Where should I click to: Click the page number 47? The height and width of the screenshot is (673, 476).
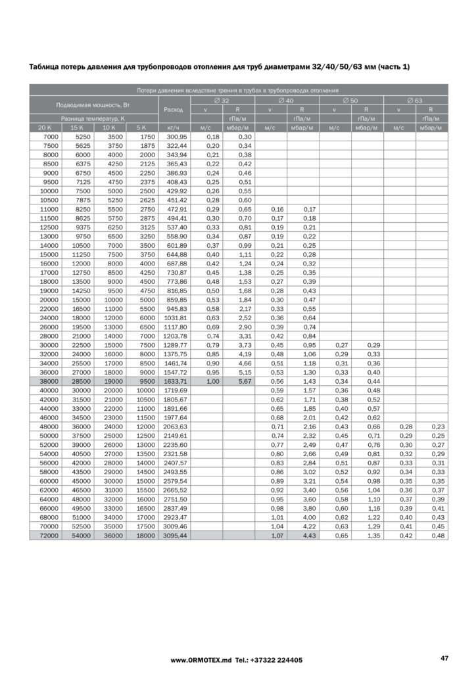tap(444, 658)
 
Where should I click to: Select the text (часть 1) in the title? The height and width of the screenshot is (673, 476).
tap(394, 66)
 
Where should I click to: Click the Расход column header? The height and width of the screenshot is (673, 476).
tap(174, 109)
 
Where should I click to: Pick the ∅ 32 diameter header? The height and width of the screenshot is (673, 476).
tap(222, 100)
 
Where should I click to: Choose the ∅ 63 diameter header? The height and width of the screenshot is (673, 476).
tap(415, 100)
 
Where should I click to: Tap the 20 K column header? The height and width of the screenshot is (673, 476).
tap(45, 127)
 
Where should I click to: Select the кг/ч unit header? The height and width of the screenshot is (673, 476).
tap(174, 127)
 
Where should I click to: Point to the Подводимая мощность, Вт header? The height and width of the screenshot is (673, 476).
tap(93, 104)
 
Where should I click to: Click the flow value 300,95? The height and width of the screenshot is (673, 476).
tap(174, 136)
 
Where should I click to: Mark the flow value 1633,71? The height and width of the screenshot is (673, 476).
tap(174, 381)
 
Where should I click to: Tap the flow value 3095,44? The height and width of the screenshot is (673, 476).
tap(174, 536)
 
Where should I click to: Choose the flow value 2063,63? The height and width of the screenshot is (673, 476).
tap(174, 426)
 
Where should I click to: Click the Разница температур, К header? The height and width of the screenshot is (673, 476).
tap(93, 118)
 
